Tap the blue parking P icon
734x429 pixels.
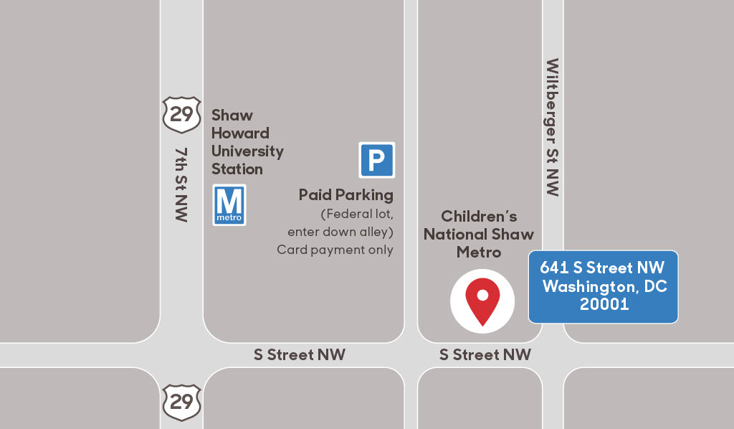(x=376, y=160)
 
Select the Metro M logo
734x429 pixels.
(x=229, y=205)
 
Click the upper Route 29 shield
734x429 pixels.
(x=181, y=115)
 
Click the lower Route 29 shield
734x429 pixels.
(x=181, y=401)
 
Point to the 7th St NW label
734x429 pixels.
(x=181, y=184)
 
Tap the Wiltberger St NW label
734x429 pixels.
(x=552, y=128)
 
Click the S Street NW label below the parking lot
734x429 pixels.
(x=300, y=354)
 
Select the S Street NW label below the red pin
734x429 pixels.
(x=485, y=354)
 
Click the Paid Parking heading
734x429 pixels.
(x=346, y=194)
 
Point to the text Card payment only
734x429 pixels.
(x=335, y=250)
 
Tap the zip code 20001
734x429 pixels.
(x=604, y=304)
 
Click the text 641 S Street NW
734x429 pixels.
(x=602, y=268)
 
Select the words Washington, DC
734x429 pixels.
(x=605, y=286)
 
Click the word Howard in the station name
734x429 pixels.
(x=240, y=133)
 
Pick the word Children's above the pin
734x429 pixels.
(x=479, y=216)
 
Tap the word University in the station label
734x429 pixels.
(x=247, y=151)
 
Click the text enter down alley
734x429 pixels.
(x=340, y=232)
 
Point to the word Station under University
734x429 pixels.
(x=237, y=169)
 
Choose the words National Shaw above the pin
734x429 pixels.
(x=479, y=235)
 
